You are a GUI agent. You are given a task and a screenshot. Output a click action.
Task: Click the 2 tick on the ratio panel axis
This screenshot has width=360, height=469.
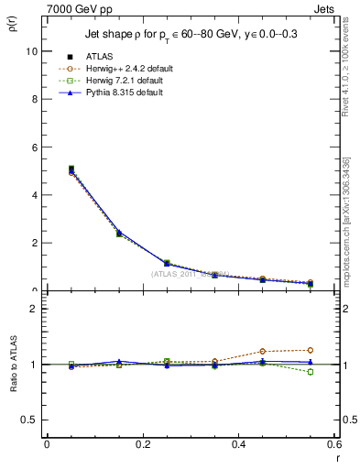point(35,309)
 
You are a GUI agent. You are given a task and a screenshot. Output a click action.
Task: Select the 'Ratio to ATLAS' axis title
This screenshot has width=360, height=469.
point(12,364)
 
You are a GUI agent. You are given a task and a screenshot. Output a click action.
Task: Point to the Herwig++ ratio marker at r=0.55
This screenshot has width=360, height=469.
point(311,350)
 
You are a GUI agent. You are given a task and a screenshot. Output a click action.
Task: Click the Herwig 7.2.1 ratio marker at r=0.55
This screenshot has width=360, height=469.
point(311,372)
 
